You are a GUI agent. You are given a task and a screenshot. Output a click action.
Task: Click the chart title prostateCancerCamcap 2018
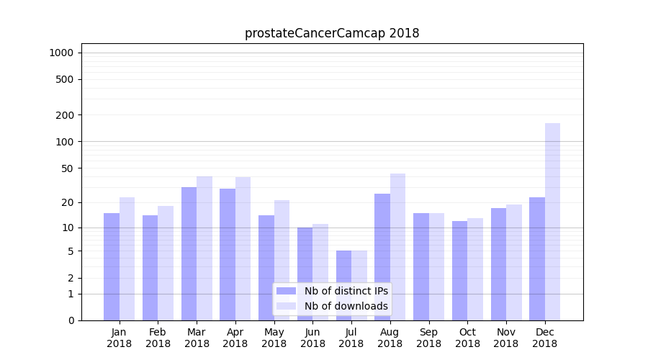332,33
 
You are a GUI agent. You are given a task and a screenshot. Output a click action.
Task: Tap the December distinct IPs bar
537,258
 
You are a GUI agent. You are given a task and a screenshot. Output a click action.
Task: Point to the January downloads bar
127,258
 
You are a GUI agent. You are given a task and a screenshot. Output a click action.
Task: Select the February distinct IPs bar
150,268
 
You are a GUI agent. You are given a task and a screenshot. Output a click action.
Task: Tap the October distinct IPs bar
459,271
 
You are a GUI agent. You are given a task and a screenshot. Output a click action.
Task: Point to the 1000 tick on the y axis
61,53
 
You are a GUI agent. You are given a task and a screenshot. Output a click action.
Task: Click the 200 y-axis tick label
65,115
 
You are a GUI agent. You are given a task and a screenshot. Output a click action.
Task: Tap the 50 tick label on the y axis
67,168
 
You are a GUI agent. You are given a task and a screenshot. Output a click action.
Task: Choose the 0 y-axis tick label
71,320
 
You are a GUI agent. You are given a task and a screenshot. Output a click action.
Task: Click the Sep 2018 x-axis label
428,338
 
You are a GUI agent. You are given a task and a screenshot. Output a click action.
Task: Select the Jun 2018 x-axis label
312,338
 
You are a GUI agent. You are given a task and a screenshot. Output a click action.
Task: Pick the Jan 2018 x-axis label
119,338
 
